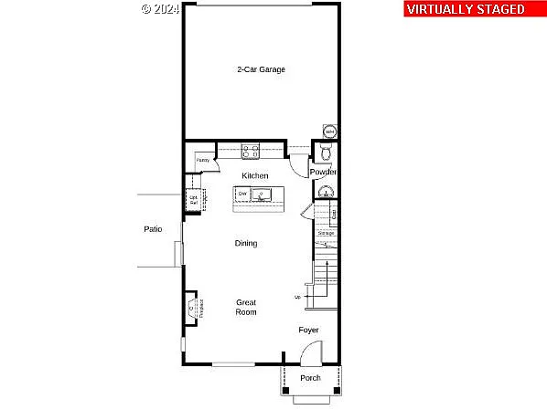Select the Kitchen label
point(255,175)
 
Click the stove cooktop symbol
point(251,151)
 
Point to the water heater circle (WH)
point(329,131)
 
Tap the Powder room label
point(323,173)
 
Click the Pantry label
point(203,161)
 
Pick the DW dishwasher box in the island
point(243,194)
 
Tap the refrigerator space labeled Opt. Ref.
point(194,200)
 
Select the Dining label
point(246,244)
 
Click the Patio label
point(153,229)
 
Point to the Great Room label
point(246,307)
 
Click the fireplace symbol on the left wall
point(192,309)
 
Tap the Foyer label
point(308,330)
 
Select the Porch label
point(310,378)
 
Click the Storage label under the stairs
point(327,234)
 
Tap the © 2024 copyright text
point(161,9)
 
